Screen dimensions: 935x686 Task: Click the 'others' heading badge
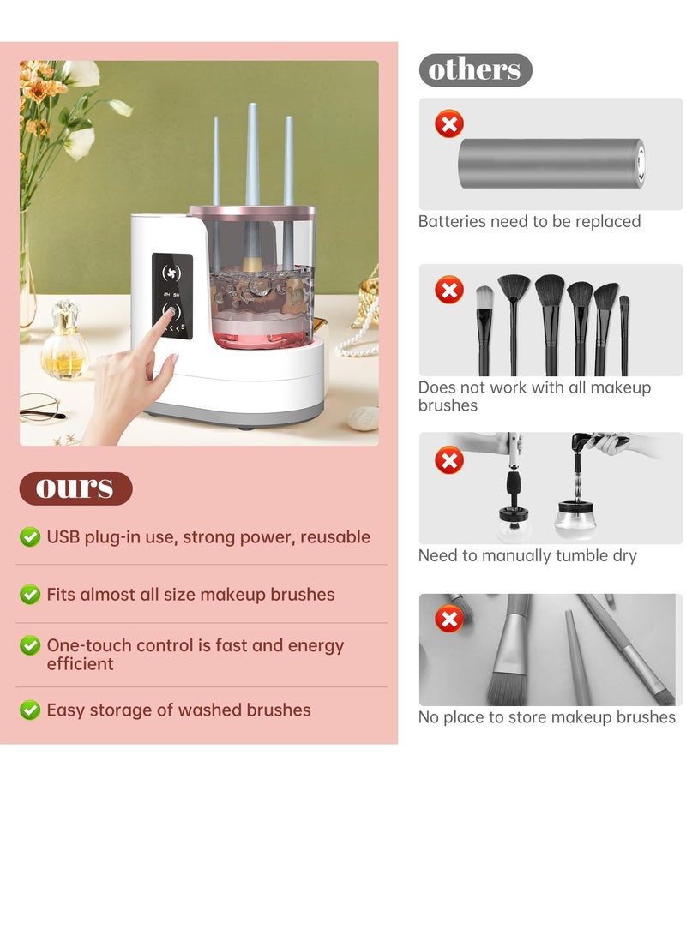pos(475,70)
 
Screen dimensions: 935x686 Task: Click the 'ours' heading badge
pos(75,488)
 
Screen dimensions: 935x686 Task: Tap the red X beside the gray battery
pos(448,124)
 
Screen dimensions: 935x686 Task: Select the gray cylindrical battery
pos(551,164)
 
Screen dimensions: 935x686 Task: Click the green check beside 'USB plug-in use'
pos(30,537)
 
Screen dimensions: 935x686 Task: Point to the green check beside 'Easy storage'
pos(30,710)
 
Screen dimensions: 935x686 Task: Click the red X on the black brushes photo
pos(448,290)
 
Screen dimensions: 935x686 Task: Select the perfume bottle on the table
pos(64,343)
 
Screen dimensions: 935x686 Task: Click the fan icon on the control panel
pos(171,273)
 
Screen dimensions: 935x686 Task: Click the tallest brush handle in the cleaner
pos(252,154)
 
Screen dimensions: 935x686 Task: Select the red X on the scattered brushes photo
pos(448,618)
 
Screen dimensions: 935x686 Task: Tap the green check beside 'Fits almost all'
pos(30,594)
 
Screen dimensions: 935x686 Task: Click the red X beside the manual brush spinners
pos(448,460)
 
